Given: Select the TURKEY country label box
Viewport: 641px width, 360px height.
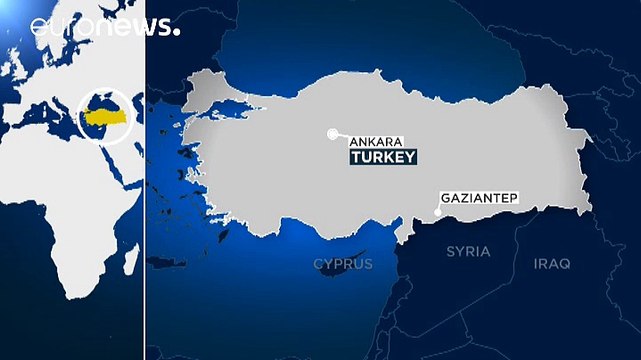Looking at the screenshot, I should tap(380, 158).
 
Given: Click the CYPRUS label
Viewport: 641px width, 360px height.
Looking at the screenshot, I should tap(343, 264).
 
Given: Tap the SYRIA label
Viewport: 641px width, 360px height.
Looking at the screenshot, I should tap(468, 251).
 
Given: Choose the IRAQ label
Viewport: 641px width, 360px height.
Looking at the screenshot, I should tap(551, 263).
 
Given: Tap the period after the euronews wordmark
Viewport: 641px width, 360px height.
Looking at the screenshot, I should tap(177, 31).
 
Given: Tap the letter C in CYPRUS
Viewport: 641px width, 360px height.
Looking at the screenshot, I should tap(318, 264).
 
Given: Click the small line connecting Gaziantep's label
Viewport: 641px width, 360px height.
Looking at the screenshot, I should tap(437, 208).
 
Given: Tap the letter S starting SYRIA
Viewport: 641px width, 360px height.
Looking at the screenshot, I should tap(450, 251).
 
